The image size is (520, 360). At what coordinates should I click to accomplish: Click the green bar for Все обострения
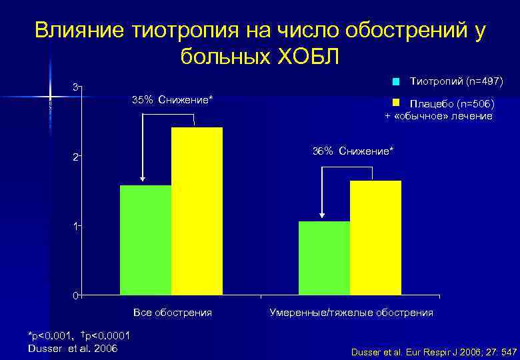145,240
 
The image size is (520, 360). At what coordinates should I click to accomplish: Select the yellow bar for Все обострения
197,211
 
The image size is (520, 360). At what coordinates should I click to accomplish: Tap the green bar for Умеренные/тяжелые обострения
324,258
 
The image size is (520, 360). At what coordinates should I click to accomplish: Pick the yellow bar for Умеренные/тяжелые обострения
375,237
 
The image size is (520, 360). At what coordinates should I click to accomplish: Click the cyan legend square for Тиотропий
395,83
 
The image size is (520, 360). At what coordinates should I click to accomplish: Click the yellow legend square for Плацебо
395,103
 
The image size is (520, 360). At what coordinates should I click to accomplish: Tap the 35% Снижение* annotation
173,101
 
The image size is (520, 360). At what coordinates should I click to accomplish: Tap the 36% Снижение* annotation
353,151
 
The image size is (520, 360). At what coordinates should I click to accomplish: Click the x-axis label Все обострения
173,312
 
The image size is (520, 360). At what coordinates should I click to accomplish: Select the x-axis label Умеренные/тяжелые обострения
351,312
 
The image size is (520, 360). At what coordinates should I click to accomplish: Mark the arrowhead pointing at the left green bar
143,180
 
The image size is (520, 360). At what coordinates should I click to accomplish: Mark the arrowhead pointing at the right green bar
322,215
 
